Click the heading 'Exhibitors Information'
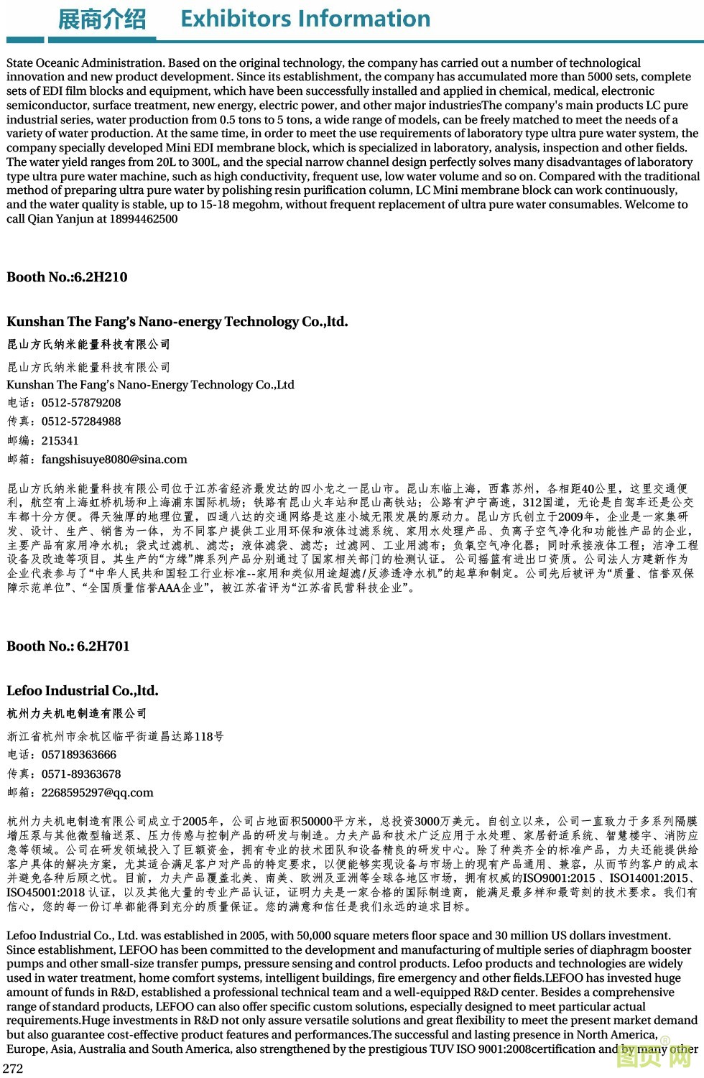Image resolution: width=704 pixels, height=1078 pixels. coord(305,19)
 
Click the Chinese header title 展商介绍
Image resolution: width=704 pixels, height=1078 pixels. coord(101,19)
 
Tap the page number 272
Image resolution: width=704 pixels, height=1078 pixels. coord(13,1068)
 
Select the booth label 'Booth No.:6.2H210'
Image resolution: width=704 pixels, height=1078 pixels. coord(67,277)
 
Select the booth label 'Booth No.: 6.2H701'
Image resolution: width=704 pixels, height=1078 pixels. coord(68,646)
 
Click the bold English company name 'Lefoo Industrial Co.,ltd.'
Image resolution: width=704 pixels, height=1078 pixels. coord(82,691)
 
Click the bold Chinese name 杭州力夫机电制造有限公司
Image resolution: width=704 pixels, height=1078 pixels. coord(77,713)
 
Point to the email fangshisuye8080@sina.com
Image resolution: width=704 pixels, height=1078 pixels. coord(114,460)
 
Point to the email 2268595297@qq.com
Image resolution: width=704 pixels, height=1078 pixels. coord(97,793)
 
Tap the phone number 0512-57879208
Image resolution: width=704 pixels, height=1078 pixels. coord(81,403)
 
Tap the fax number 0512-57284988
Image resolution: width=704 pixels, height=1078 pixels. coord(81,422)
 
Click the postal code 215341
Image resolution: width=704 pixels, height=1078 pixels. coord(60,441)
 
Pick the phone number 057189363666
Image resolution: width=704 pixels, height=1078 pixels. coord(79,755)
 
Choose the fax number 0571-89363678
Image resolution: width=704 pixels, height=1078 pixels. coord(81,774)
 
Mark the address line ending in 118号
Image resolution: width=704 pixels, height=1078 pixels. coord(115,736)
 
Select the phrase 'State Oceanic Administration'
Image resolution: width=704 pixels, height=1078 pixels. coord(85,63)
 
